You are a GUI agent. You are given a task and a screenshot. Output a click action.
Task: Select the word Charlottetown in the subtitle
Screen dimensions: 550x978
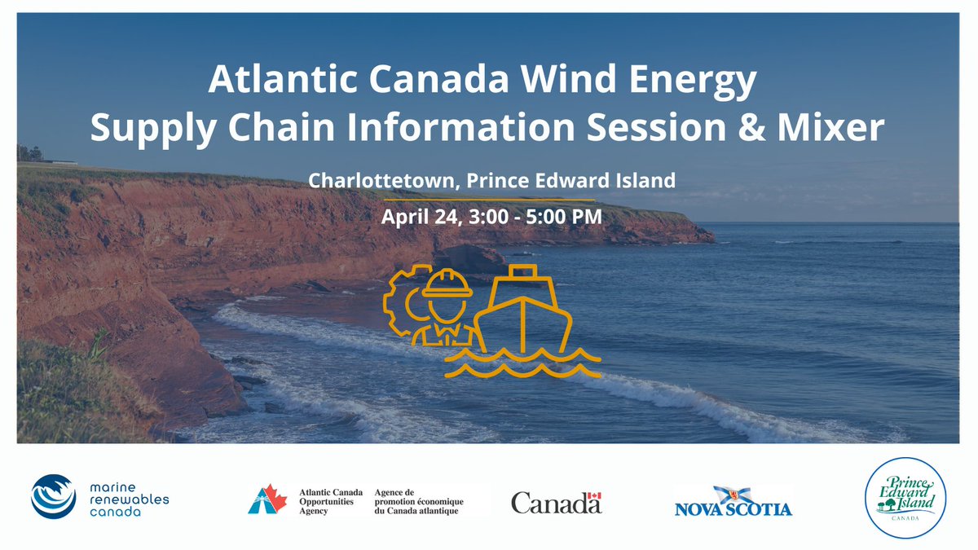376,180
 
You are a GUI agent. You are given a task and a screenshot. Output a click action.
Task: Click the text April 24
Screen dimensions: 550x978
421,218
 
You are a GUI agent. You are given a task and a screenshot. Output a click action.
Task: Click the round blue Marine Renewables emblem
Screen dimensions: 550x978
53,496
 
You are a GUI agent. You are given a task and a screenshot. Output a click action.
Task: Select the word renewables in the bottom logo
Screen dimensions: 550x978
127,498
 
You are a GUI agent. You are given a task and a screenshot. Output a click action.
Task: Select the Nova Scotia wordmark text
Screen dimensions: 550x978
733,509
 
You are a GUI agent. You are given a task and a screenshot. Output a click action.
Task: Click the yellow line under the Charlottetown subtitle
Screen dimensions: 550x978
489,199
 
